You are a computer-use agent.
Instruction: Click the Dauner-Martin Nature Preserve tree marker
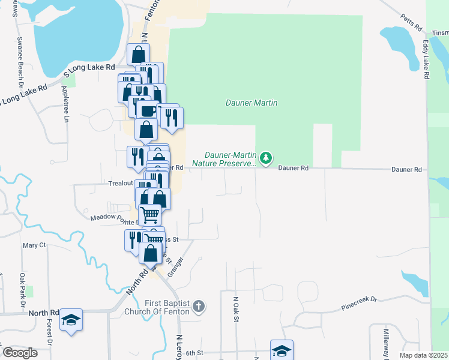(266, 158)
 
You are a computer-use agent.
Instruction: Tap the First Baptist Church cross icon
(199, 307)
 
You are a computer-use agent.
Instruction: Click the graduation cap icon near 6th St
(281, 350)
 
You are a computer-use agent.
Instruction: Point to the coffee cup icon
(147, 110)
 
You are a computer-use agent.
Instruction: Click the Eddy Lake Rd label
(426, 60)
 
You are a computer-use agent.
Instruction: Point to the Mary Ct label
(34, 245)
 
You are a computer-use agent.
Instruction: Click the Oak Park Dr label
(22, 291)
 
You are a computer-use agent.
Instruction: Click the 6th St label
(195, 353)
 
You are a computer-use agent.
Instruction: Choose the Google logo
(19, 353)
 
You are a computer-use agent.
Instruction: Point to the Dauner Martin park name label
(252, 103)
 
